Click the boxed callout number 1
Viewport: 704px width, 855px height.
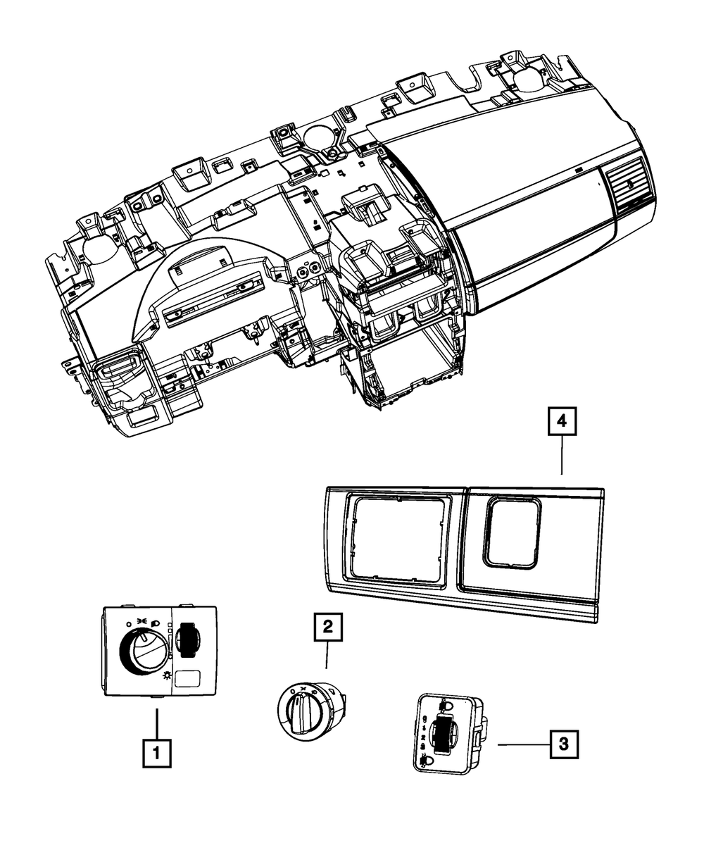pos(156,754)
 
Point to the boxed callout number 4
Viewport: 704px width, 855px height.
pos(561,423)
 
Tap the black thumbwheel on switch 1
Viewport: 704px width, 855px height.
pos(188,639)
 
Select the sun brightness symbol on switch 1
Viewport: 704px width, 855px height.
pos(166,675)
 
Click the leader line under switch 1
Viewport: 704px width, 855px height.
pos(156,718)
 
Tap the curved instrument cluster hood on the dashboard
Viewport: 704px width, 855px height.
pos(211,282)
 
